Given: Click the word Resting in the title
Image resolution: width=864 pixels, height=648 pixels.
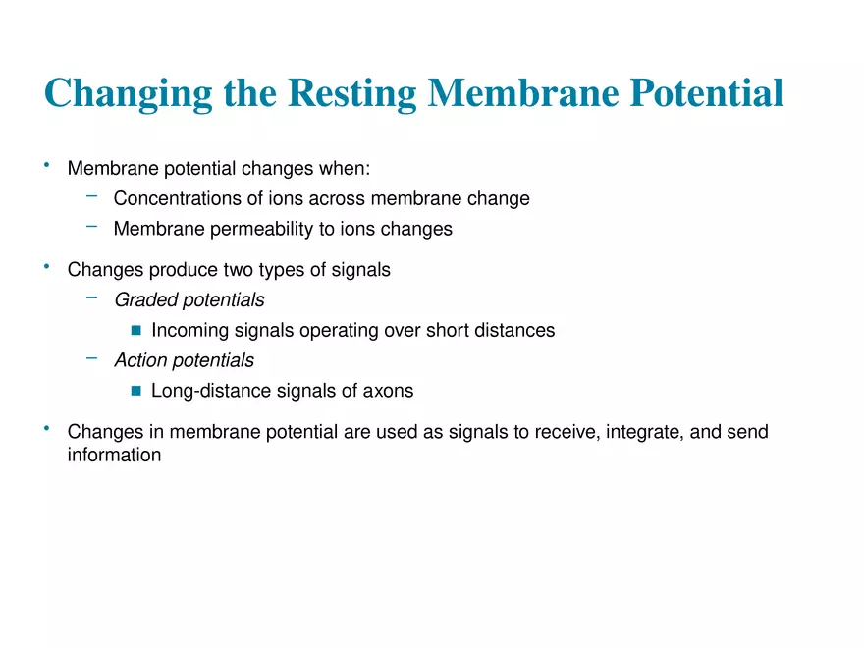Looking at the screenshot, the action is point(352,92).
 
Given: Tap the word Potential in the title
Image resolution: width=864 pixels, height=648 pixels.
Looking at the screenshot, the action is point(706,91).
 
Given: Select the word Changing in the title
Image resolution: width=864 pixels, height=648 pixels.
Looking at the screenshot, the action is point(128,93).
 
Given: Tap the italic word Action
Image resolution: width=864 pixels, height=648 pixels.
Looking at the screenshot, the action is point(140,360).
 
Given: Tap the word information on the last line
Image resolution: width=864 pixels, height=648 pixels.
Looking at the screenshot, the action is point(114,455).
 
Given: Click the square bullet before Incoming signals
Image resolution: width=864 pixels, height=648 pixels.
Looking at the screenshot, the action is point(136,330).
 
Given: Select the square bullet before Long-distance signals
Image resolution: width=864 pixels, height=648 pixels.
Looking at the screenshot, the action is point(136,391).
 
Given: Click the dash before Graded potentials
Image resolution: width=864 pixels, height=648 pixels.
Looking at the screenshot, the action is point(91,298).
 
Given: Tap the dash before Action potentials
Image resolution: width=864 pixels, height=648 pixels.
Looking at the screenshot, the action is point(91,358).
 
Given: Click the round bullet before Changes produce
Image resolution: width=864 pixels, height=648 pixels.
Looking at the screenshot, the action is point(47,267).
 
